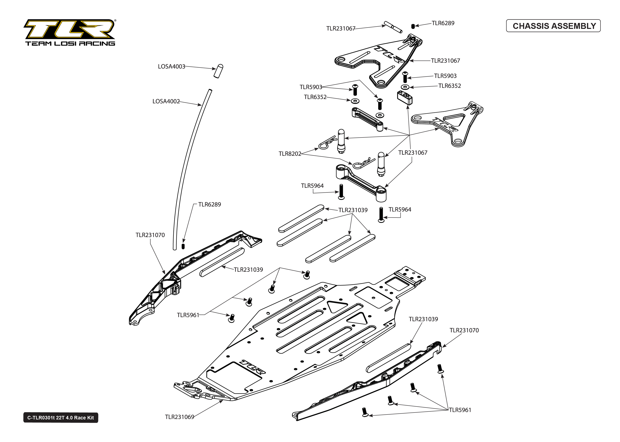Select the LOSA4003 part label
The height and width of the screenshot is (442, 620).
[171, 66]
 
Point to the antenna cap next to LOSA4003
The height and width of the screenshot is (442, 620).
[218, 71]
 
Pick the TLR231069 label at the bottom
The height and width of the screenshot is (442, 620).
[179, 417]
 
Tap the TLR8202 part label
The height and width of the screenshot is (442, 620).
[290, 154]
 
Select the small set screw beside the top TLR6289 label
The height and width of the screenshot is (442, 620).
[413, 26]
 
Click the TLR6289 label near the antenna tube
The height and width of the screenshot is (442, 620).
[209, 204]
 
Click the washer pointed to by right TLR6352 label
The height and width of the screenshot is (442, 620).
[405, 87]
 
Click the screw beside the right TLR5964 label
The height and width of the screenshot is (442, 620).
[381, 215]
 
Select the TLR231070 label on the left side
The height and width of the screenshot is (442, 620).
[150, 235]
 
